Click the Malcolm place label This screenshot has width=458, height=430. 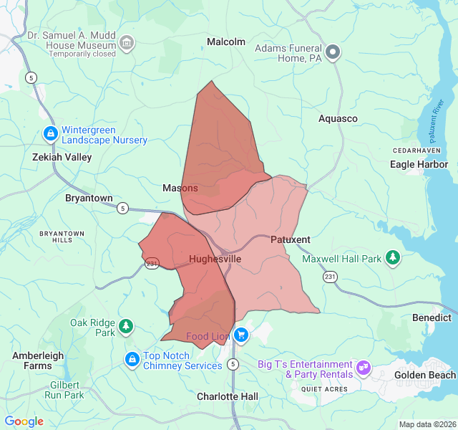click(x=226, y=42)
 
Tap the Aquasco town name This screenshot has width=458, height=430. click(x=338, y=118)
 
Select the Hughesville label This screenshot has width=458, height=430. click(x=215, y=259)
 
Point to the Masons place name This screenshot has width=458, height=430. click(x=180, y=188)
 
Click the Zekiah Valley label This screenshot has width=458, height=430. click(x=62, y=157)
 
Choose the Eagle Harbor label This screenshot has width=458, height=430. click(x=419, y=164)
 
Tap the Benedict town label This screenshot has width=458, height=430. click(x=432, y=317)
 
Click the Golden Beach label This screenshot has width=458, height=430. click(x=425, y=375)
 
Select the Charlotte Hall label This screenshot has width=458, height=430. click(x=227, y=396)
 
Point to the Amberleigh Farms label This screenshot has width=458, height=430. click(x=38, y=360)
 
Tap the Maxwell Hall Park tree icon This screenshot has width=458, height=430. click(x=392, y=257)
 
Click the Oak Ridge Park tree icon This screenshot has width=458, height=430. click(x=126, y=327)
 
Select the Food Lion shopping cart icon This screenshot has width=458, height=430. click(x=241, y=335)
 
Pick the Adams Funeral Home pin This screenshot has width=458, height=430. click(x=332, y=52)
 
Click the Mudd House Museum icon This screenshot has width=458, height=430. click(x=127, y=43)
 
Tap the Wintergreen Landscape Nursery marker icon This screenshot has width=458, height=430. click(x=50, y=134)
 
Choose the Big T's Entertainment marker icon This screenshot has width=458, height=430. click(x=364, y=368)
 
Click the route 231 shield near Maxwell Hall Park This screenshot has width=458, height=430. click(x=329, y=277)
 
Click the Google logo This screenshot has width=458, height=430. click(x=24, y=421)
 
